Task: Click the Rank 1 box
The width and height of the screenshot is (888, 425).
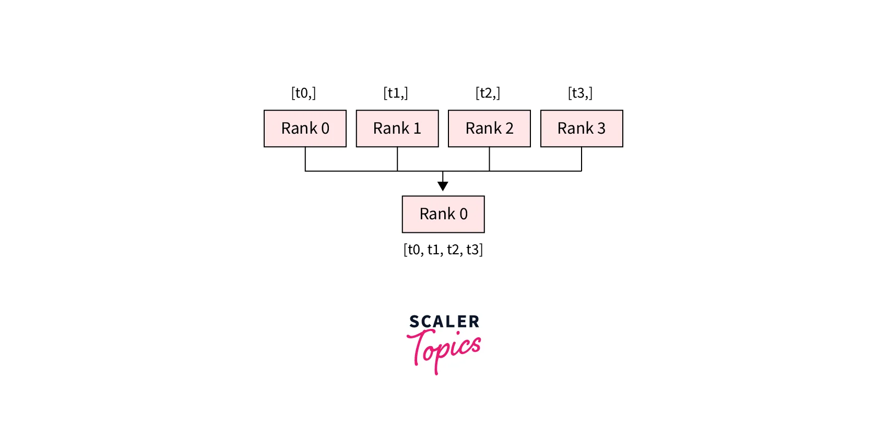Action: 397,128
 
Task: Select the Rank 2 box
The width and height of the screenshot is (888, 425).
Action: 489,128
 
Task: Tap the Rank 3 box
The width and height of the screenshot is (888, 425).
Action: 582,128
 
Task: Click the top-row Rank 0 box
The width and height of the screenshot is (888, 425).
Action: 305,128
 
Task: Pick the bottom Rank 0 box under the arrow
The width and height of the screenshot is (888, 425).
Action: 443,214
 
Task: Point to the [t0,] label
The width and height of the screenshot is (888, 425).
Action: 304,93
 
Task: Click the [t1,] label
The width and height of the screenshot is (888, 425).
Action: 396,93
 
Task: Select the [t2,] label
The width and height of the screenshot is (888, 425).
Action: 488,93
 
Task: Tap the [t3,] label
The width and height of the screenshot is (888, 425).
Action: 580,93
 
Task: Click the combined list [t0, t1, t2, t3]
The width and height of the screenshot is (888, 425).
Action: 443,250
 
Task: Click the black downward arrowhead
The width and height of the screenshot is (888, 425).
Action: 443,186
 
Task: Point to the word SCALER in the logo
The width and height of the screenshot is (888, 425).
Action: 444,322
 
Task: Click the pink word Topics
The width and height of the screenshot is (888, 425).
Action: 444,351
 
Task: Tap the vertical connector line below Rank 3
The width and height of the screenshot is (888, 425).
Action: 582,159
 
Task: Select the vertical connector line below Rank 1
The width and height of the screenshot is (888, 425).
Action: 397,159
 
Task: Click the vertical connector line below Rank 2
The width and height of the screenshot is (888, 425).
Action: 489,159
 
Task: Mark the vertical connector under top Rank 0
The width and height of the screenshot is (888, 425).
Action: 305,159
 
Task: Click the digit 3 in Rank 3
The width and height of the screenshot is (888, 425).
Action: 601,128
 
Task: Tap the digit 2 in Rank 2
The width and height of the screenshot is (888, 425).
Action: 509,128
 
